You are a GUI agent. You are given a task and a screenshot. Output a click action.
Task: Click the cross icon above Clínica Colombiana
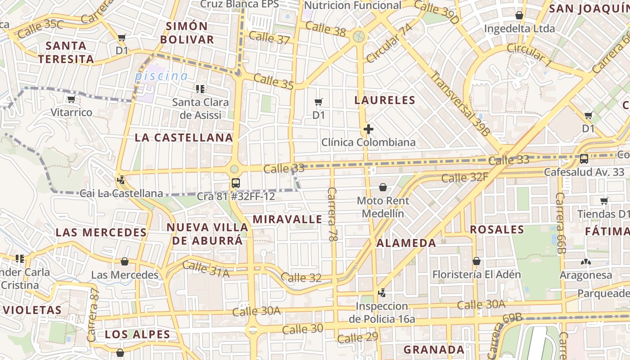click(x=369, y=130)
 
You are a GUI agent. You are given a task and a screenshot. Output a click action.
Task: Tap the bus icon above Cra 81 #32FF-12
click(x=236, y=183)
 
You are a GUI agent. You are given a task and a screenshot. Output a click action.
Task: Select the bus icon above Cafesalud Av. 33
click(x=584, y=158)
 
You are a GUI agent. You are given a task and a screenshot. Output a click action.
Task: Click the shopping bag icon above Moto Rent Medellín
click(x=383, y=187)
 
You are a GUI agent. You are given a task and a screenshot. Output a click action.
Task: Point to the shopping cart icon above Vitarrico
click(x=71, y=99)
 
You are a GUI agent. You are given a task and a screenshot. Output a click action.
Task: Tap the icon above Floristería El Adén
click(x=477, y=261)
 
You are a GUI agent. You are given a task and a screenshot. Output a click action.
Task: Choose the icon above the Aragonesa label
click(x=585, y=262)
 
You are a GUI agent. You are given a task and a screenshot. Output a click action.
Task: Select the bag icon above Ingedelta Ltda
click(x=519, y=16)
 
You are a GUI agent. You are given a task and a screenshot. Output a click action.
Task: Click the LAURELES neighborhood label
click(x=384, y=100)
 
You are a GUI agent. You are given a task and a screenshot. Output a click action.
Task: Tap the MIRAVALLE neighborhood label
click(x=287, y=220)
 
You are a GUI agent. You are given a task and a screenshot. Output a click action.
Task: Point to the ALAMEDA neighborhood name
click(x=406, y=243)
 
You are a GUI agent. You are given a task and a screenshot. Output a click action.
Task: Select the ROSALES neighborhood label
click(x=497, y=230)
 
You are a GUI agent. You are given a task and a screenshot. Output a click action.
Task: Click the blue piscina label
click(x=161, y=76)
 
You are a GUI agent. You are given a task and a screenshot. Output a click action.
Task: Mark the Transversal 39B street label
click(x=459, y=103)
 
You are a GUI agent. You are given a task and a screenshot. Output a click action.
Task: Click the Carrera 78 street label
click(x=333, y=214)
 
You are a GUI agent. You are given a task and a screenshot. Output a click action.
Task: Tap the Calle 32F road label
click(x=464, y=177)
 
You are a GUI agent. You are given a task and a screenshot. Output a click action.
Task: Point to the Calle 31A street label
click(x=206, y=269)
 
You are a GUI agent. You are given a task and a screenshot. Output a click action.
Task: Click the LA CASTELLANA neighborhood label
click(x=184, y=138)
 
